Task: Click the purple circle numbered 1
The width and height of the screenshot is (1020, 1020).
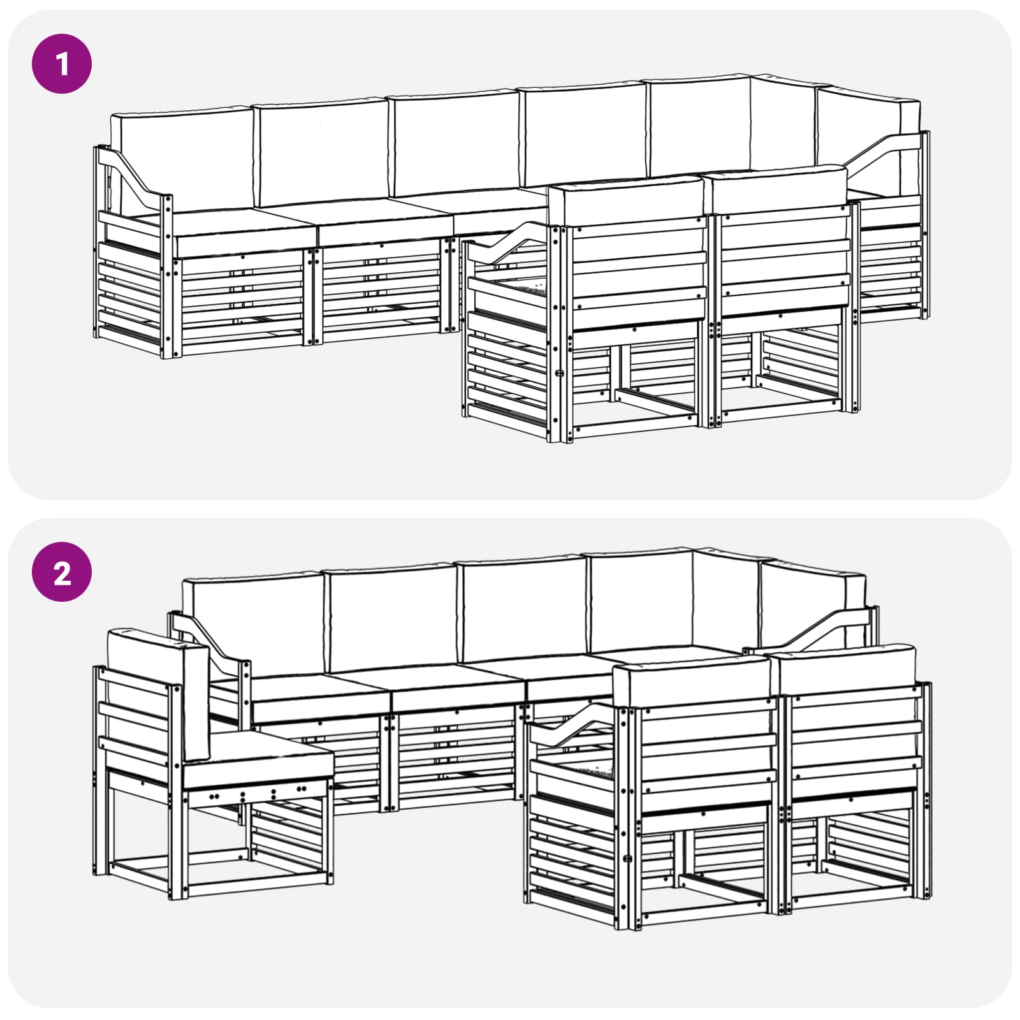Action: [x=62, y=64]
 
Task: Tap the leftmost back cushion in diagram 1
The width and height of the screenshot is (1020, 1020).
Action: [x=181, y=159]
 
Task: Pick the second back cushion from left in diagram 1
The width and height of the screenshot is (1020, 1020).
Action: [x=322, y=153]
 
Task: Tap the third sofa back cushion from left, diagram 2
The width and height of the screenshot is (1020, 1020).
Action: [x=523, y=609]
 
